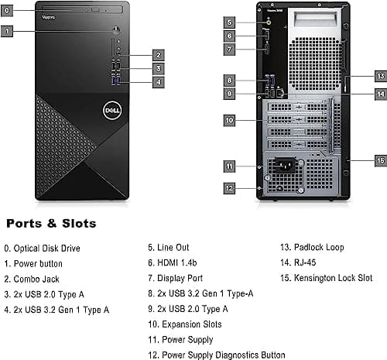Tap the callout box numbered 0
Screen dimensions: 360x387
point(7,12)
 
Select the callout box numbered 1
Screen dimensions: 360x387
point(7,32)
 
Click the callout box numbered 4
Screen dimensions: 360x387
point(157,81)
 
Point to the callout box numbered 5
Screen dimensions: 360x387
point(229,22)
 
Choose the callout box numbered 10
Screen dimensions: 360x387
point(229,120)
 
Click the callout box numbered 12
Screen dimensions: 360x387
point(229,187)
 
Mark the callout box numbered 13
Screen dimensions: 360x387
point(379,77)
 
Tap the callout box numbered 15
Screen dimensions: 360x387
point(379,159)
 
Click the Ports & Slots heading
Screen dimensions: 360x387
point(51,224)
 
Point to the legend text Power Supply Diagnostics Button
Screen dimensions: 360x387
point(215,353)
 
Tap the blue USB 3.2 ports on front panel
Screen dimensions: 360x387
point(116,81)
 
